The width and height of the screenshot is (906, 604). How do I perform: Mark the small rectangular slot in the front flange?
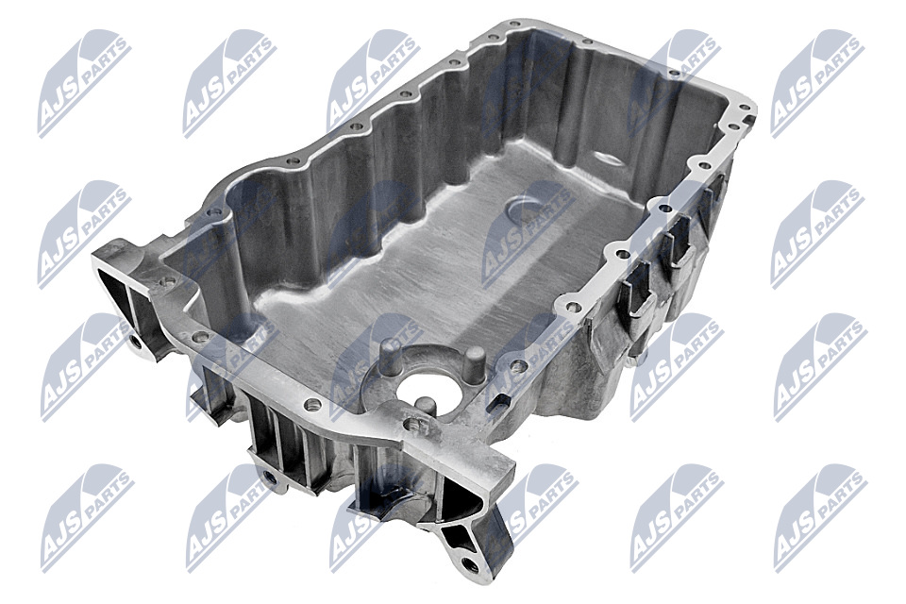(x=496, y=399)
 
